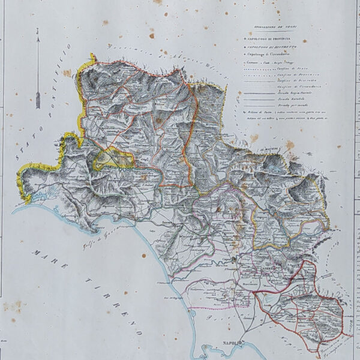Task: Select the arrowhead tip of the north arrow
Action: [x=38, y=37]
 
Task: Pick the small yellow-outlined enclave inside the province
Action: [x=111, y=158]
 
